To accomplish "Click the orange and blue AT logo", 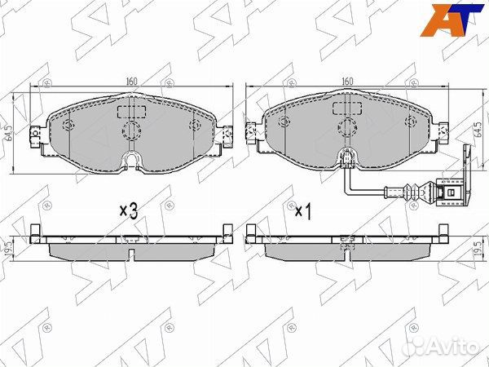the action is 452,20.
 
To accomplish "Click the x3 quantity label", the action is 129,211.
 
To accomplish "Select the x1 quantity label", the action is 303,212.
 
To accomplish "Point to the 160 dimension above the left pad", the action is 131,82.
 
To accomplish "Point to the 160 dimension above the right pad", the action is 347,81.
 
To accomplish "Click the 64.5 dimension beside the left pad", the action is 9,133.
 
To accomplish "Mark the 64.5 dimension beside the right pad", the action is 477,129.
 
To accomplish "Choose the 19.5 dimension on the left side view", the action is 9,249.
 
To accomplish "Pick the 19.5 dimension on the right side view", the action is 477,249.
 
